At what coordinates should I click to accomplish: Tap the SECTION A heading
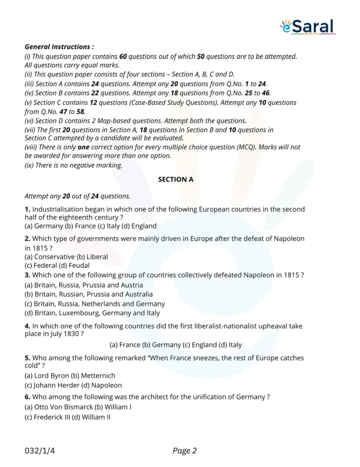175,179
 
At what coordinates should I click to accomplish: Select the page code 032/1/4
42,451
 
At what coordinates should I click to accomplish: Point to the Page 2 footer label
185,451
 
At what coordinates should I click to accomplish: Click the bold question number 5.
27,358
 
